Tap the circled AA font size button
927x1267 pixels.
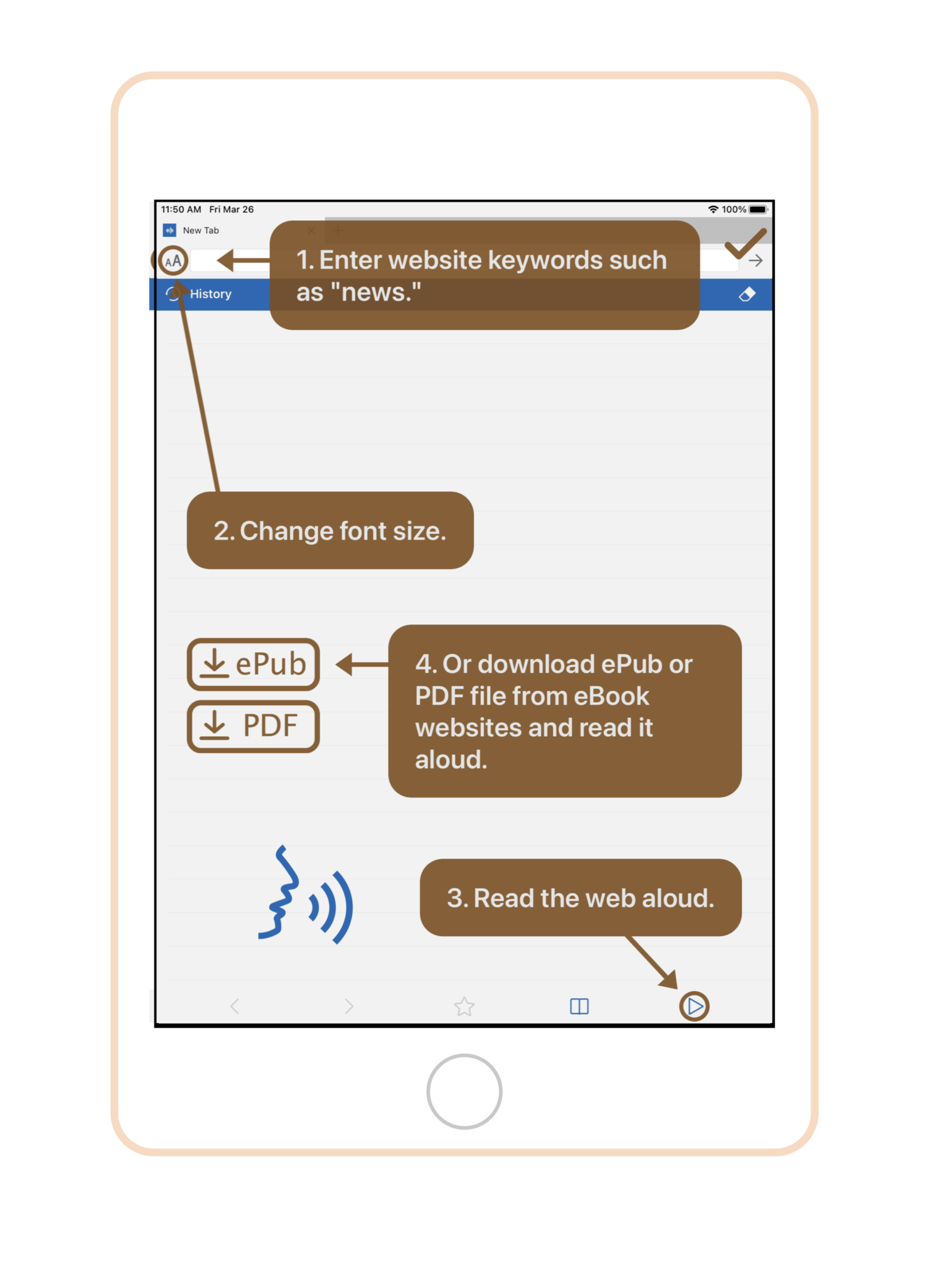coord(173,261)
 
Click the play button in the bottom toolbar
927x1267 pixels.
coord(694,1007)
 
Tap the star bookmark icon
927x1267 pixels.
coord(464,1007)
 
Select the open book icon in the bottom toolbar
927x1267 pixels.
coord(579,1007)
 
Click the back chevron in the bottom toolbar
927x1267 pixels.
coord(235,1007)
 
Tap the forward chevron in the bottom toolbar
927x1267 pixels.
coord(349,1007)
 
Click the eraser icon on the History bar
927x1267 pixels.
coord(747,294)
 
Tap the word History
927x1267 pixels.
coord(210,294)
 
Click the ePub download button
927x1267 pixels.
coord(253,664)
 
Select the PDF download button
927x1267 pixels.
coord(253,726)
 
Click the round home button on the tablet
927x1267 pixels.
coord(464,1091)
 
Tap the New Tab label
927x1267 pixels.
coord(200,230)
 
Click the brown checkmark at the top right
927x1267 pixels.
coord(745,244)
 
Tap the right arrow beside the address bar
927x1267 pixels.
coord(755,261)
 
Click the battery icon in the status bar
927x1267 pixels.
coord(758,210)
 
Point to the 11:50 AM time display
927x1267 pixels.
coord(181,210)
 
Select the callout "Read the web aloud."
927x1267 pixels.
coord(580,898)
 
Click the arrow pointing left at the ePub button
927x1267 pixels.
coord(362,664)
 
